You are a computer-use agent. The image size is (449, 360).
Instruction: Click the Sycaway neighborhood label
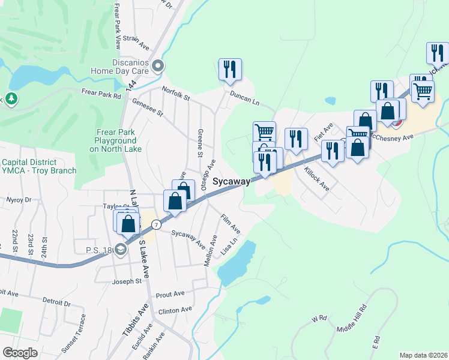[x=231, y=181]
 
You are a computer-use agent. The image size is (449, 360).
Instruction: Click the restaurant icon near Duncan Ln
[x=230, y=70]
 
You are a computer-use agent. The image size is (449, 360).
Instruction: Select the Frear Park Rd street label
[x=101, y=94]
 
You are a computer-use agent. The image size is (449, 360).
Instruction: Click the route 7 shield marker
[x=155, y=224]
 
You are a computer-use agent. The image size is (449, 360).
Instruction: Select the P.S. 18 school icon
[x=121, y=250]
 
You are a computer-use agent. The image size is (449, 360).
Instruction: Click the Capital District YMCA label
[x=39, y=166]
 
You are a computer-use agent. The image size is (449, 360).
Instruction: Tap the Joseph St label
[x=127, y=281]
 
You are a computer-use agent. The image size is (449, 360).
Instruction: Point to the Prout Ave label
[x=170, y=294]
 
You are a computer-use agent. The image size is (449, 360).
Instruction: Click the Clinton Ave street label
[x=175, y=310]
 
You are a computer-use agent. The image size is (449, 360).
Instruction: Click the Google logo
[x=20, y=353]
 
